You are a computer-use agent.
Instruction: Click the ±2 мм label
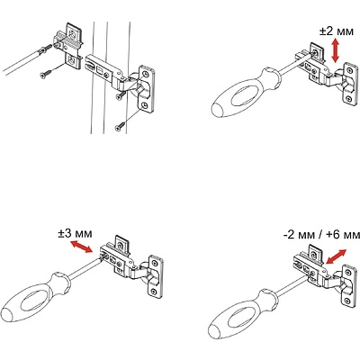click(337, 31)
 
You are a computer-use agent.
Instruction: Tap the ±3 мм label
click(76, 233)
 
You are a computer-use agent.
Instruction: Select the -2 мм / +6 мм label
click(321, 235)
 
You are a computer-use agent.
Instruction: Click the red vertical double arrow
click(335, 51)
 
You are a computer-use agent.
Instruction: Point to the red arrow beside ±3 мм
click(81, 247)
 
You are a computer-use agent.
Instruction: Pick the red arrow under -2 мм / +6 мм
click(336, 256)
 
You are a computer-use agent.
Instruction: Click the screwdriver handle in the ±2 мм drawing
click(246, 92)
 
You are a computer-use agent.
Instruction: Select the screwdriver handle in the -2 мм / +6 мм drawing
click(244, 313)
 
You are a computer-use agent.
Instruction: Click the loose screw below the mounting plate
click(45, 74)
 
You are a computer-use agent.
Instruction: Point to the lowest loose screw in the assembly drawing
click(121, 126)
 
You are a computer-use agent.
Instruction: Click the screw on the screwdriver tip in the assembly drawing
click(44, 49)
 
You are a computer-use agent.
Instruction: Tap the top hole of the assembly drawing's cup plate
click(146, 74)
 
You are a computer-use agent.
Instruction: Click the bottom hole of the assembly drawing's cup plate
click(145, 104)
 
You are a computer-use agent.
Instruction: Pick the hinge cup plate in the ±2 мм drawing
click(349, 84)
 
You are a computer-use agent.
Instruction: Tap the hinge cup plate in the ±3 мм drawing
click(156, 276)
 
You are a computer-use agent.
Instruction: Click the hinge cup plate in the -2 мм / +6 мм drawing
click(349, 285)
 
